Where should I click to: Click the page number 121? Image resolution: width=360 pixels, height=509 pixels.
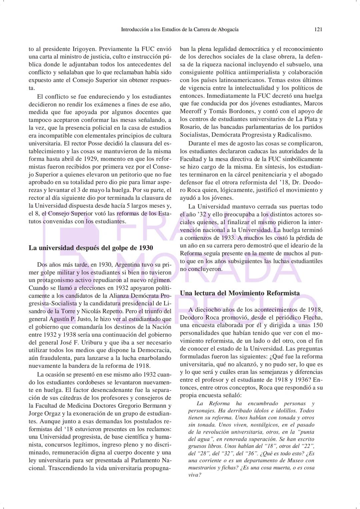[x=318, y=29]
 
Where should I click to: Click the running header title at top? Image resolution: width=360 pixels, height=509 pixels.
[x=179, y=29]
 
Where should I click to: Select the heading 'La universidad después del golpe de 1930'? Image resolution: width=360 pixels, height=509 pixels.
[x=91, y=248]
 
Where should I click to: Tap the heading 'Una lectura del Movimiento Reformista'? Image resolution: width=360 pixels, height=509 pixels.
[x=240, y=293]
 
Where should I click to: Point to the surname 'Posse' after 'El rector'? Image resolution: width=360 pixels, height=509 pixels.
[x=95, y=143]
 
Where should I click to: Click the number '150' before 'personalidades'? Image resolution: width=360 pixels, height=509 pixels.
[x=318, y=325]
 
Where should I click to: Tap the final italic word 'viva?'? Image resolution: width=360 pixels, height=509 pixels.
[x=194, y=475]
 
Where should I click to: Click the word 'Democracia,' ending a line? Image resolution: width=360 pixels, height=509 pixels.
[x=156, y=350]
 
